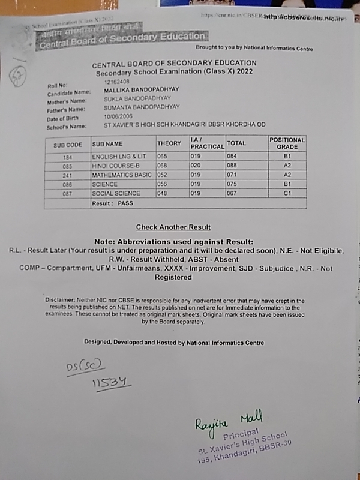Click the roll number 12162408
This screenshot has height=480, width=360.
click(116, 81)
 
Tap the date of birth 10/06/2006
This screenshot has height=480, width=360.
click(117, 116)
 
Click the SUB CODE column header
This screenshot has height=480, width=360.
click(67, 145)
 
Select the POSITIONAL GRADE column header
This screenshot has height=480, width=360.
click(287, 143)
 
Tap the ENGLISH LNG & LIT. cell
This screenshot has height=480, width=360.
click(118, 156)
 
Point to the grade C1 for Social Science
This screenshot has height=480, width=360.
click(287, 194)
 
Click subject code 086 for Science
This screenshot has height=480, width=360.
click(67, 185)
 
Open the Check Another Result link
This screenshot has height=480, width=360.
click(173, 227)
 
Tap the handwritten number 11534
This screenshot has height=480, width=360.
click(111, 383)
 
